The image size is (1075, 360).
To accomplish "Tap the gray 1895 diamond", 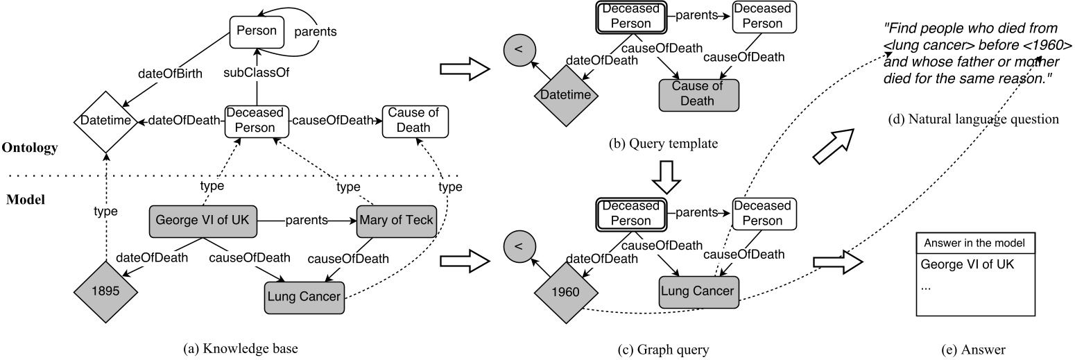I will click(104, 292).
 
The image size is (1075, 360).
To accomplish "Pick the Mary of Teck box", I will click(395, 221).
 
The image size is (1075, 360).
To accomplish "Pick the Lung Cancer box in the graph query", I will click(698, 291).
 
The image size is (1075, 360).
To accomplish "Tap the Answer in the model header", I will click(977, 243).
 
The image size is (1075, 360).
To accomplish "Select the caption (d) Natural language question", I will click(973, 119).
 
